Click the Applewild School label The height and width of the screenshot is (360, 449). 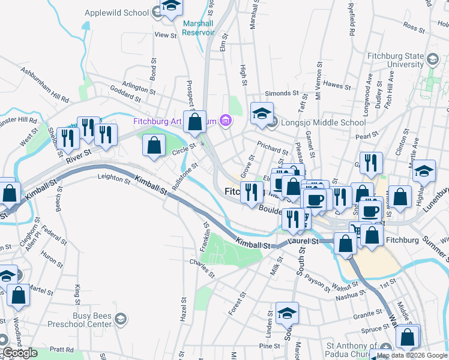[116, 13]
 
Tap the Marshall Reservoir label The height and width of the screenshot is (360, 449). [197, 28]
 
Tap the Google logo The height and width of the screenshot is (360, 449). [20, 353]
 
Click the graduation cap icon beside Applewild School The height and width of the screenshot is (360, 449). [172, 6]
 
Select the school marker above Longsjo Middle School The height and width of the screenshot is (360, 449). [262, 114]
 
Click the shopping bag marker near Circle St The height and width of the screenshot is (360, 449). [154, 146]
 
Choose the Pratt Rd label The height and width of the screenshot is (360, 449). [62, 349]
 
